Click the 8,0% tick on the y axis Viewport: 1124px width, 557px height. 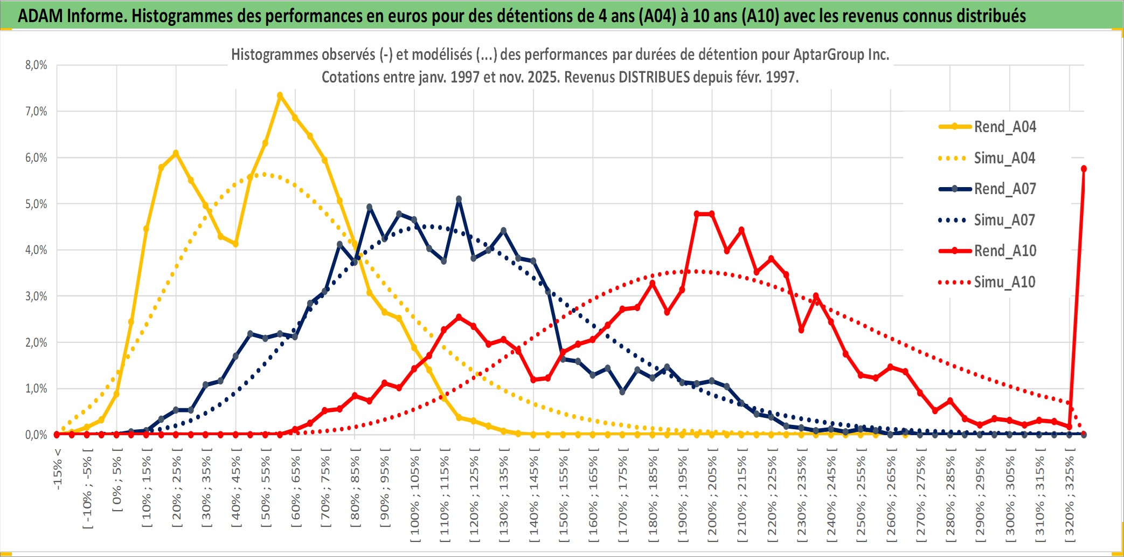click(36, 65)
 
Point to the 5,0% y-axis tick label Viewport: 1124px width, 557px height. click(36, 204)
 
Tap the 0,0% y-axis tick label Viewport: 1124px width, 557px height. click(36, 435)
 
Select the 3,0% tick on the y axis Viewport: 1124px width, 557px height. click(36, 296)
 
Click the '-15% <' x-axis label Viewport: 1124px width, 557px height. click(58, 469)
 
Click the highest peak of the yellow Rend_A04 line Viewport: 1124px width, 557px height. click(280, 95)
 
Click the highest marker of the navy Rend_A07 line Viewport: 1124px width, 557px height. click(459, 199)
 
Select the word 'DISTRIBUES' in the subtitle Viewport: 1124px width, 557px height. click(654, 77)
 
